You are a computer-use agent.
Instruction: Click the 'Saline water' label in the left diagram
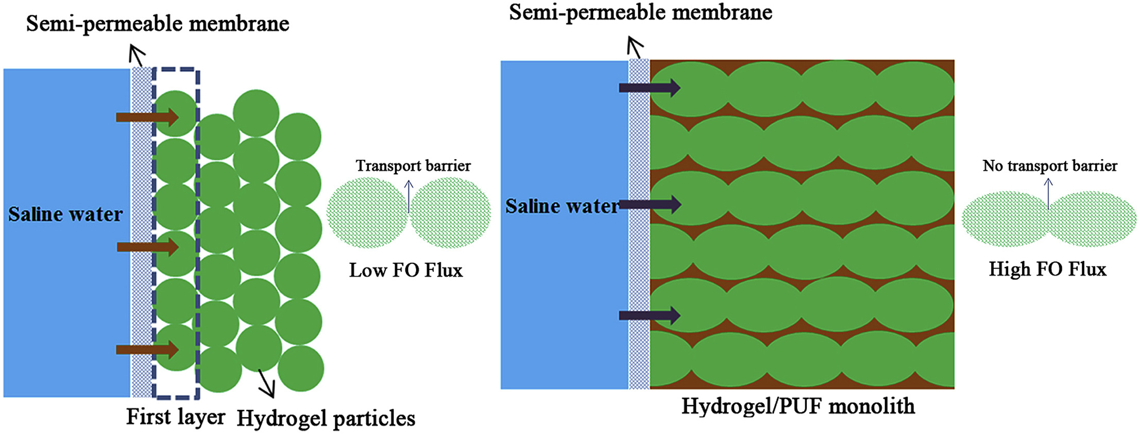65,214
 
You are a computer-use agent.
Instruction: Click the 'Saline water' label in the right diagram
562,207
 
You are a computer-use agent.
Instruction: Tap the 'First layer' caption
176,416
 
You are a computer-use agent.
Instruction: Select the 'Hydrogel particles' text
326,419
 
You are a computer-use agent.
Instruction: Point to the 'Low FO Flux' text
406,270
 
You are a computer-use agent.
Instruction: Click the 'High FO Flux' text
1047,269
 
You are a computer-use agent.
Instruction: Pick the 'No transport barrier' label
1050,166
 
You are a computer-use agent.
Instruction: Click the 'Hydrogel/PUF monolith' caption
798,406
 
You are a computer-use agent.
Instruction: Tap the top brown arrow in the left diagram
147,118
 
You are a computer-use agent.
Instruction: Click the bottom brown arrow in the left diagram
147,350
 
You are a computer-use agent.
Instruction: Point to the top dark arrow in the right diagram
650,88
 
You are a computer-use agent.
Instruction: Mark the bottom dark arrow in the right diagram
650,315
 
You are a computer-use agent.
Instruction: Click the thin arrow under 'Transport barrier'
409,196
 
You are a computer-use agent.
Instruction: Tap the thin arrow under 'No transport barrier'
1048,193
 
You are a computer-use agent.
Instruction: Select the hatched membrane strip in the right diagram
639,232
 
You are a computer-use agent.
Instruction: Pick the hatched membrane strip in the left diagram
142,232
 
